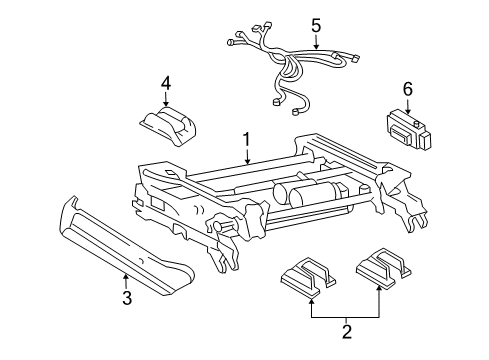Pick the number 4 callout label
point(167,83)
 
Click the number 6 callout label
point(408,89)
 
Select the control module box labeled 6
point(409,129)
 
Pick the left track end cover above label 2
point(312,275)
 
